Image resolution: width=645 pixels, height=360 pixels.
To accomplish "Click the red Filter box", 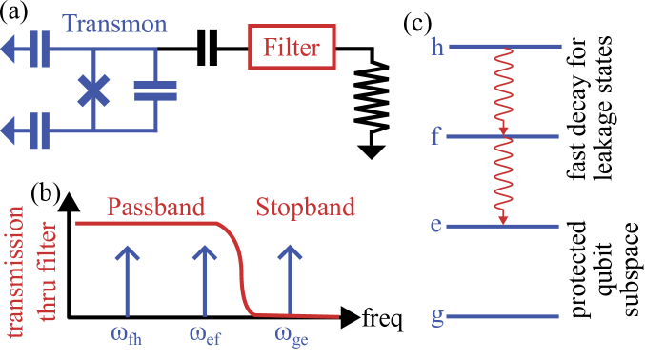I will click(292, 47).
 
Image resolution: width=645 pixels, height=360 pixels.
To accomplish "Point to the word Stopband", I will click(304, 208).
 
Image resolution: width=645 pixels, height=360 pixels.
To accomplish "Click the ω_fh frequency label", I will click(131, 334).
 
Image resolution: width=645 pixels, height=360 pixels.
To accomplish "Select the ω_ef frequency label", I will click(206, 334).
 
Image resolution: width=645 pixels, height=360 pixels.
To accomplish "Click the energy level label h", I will click(437, 46).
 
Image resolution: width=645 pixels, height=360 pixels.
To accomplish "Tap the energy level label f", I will click(436, 136).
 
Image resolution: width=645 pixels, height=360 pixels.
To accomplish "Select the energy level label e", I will click(437, 227).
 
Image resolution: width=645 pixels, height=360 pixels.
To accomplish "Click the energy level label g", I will click(437, 317).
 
